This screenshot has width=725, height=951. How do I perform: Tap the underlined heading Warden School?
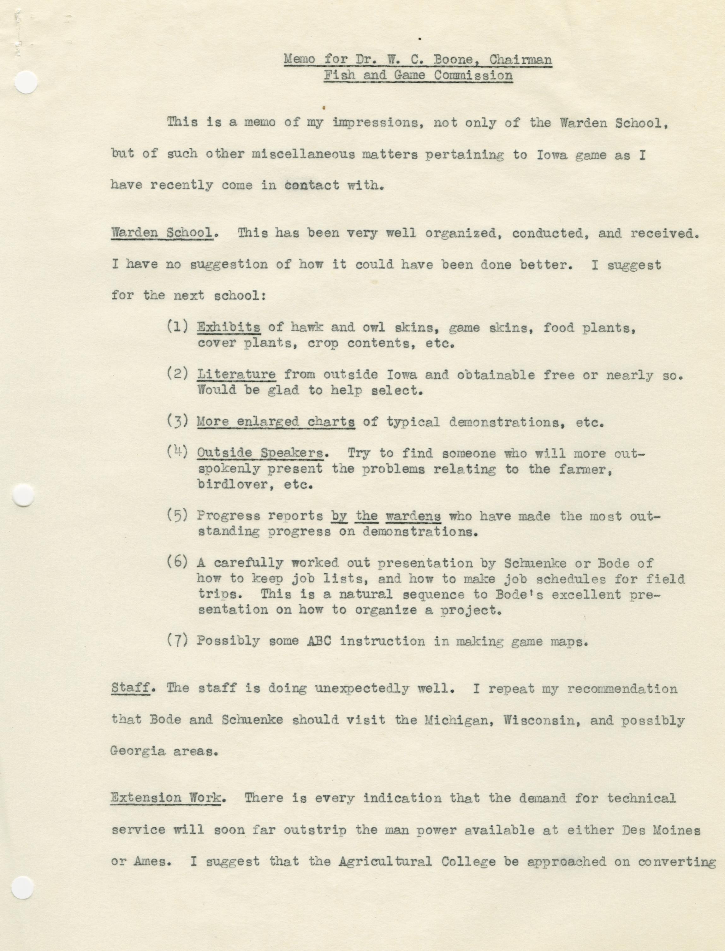(162, 233)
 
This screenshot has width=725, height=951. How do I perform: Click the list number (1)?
(177, 327)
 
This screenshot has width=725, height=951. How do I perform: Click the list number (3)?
(177, 421)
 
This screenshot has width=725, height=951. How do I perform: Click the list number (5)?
(177, 515)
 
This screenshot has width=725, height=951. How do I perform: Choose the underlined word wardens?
(413, 516)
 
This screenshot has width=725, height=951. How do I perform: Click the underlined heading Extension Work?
(166, 798)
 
